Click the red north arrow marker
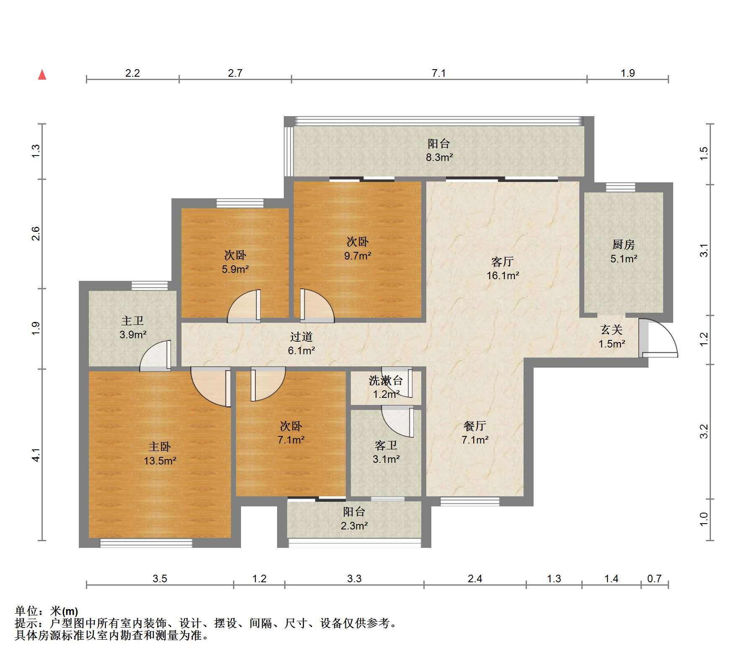click(x=42, y=75)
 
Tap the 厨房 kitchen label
click(x=623, y=244)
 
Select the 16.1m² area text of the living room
click(x=503, y=276)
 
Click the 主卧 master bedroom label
click(x=160, y=447)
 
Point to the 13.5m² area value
click(x=160, y=461)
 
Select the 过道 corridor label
click(x=301, y=337)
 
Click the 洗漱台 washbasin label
click(x=386, y=381)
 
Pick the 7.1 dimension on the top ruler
click(x=438, y=73)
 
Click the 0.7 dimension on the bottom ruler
click(x=654, y=579)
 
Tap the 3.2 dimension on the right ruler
click(x=705, y=431)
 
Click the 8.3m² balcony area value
click(x=439, y=158)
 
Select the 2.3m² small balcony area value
click(x=354, y=526)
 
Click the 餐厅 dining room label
click(x=475, y=426)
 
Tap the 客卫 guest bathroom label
click(x=386, y=445)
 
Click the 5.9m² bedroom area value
click(x=235, y=269)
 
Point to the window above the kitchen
click(x=620, y=187)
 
